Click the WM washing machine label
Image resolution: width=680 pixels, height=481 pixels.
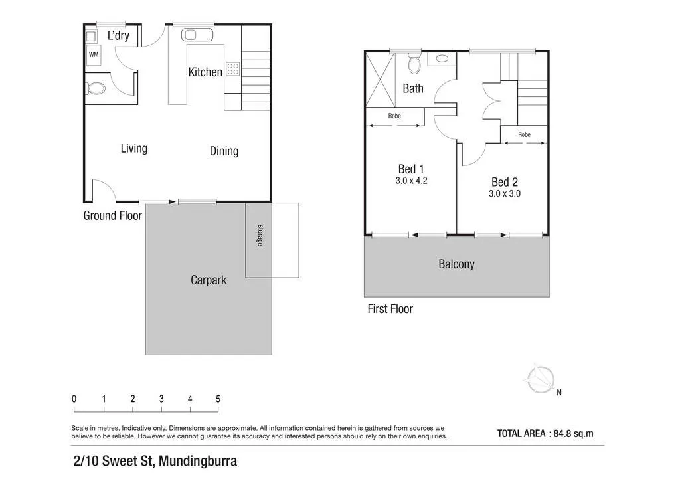[x=94, y=54]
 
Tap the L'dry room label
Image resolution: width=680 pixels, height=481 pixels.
[x=118, y=35]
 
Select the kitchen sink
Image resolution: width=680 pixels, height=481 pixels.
[x=197, y=35]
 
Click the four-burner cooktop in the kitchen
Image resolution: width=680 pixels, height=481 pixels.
[x=233, y=69]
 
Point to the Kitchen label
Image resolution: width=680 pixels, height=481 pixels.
[x=205, y=72]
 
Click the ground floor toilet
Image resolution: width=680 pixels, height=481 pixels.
[x=95, y=89]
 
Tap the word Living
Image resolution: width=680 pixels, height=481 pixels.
[x=134, y=149]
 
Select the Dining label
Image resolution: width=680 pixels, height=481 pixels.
[x=224, y=151]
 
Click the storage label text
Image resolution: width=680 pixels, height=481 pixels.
[x=260, y=235]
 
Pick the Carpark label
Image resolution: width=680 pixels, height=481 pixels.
[x=209, y=280]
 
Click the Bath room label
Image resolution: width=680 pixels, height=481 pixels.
[x=413, y=88]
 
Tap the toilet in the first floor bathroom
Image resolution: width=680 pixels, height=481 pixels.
[x=415, y=64]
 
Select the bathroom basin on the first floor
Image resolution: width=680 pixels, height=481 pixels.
[x=442, y=59]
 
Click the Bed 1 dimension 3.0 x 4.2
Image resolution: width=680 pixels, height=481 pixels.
[x=411, y=181]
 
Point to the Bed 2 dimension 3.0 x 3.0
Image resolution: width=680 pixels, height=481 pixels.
[x=505, y=194]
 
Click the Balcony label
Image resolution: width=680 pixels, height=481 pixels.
[x=456, y=264]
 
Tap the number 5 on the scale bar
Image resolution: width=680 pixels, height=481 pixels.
[x=218, y=399]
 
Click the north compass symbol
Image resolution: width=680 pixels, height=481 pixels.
[x=541, y=379]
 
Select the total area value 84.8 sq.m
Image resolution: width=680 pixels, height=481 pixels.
[x=573, y=433]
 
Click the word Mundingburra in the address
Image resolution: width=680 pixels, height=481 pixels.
[x=198, y=461]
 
